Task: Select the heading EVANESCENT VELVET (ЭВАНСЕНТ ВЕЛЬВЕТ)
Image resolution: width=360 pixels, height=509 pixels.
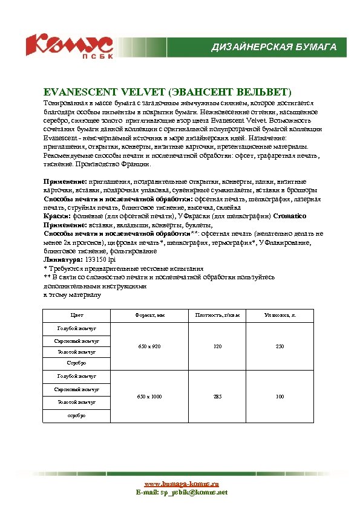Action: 168,92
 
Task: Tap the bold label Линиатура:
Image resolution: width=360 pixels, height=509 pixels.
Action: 64,259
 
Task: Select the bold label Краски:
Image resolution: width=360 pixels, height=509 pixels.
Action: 57,216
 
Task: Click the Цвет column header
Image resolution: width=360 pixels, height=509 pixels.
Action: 77,316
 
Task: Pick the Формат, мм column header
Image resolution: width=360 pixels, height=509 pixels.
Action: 149,316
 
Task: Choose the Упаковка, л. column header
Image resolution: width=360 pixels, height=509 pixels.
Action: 279,316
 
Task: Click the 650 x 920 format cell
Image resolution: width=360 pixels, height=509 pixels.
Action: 149,346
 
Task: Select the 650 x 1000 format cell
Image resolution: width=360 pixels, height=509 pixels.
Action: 149,397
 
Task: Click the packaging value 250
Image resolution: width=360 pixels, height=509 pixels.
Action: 279,346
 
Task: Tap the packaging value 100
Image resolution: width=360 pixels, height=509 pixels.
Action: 279,397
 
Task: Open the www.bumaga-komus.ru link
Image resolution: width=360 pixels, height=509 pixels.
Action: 181,484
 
